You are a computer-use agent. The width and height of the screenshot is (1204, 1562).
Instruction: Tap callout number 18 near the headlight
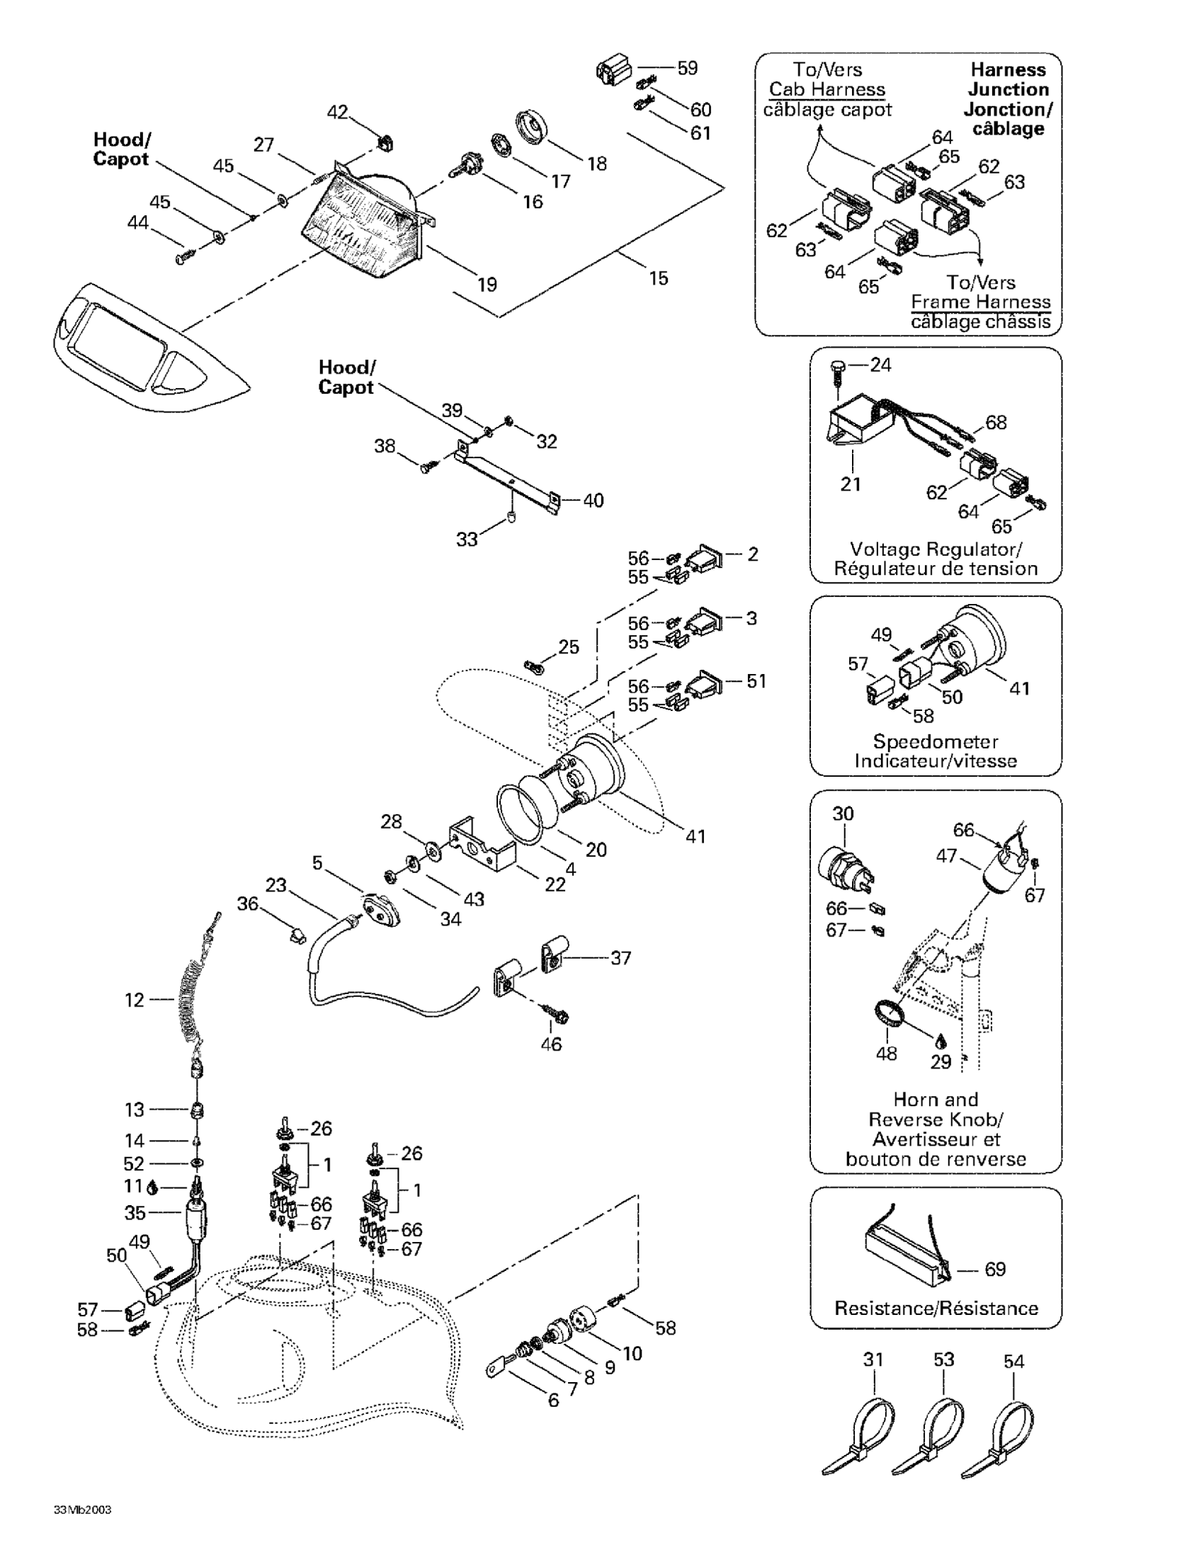[597, 163]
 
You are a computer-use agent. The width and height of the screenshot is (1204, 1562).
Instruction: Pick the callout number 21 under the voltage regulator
[851, 484]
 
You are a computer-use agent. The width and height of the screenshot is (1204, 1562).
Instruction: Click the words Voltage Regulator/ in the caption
[936, 549]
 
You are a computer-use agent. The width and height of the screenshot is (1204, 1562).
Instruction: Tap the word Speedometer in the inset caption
[936, 741]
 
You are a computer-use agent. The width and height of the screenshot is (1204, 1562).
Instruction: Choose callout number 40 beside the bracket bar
[593, 501]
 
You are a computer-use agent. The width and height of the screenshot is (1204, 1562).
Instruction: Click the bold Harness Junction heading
[1008, 89]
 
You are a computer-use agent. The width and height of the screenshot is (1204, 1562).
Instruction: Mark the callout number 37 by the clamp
[620, 957]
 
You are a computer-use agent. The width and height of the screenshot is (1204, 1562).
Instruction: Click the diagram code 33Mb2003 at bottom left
[82, 1510]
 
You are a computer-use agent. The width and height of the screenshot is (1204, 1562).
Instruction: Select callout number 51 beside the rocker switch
[756, 681]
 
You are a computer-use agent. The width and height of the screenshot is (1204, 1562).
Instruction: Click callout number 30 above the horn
[844, 813]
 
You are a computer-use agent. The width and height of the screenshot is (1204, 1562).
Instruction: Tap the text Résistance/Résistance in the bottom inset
[936, 1308]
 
